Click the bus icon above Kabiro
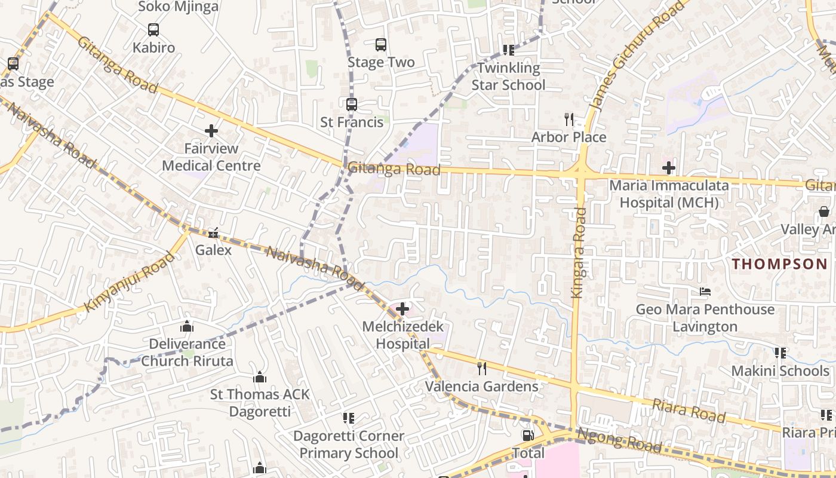click(153, 29)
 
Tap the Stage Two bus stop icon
click(380, 44)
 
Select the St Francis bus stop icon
click(352, 105)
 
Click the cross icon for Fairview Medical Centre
click(211, 130)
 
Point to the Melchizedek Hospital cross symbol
click(402, 309)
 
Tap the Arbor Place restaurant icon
click(568, 119)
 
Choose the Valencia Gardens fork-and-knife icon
click(482, 368)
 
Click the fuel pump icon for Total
click(528, 436)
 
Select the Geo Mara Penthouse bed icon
click(705, 292)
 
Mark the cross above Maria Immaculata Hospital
click(669, 168)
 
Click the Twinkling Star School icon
click(508, 50)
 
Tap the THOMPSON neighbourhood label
click(780, 263)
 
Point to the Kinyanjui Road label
click(130, 281)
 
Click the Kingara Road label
click(578, 252)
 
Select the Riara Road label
click(689, 411)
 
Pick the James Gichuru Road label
click(637, 56)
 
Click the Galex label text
click(213, 250)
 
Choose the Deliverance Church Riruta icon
click(187, 326)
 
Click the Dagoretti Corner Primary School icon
click(348, 418)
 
